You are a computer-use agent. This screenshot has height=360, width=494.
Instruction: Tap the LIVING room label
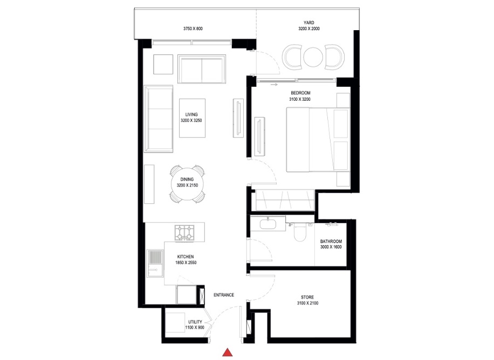click(191, 115)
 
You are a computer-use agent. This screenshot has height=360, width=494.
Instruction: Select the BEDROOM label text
click(300, 93)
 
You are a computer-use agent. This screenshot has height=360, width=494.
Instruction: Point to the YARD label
click(309, 23)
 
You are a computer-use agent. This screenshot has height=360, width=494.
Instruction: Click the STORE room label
click(307, 297)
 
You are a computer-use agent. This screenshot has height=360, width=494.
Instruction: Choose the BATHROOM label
click(331, 241)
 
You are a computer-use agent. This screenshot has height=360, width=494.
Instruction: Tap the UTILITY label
click(195, 322)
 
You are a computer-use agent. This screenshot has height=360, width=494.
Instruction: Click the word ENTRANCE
click(224, 295)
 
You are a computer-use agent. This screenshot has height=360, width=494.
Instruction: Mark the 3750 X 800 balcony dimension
click(193, 28)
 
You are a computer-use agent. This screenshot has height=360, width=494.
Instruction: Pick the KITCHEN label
click(185, 257)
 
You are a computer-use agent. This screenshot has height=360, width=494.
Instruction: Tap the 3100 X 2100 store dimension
click(307, 304)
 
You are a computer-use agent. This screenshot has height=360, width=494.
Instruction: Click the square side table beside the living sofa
click(163, 65)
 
